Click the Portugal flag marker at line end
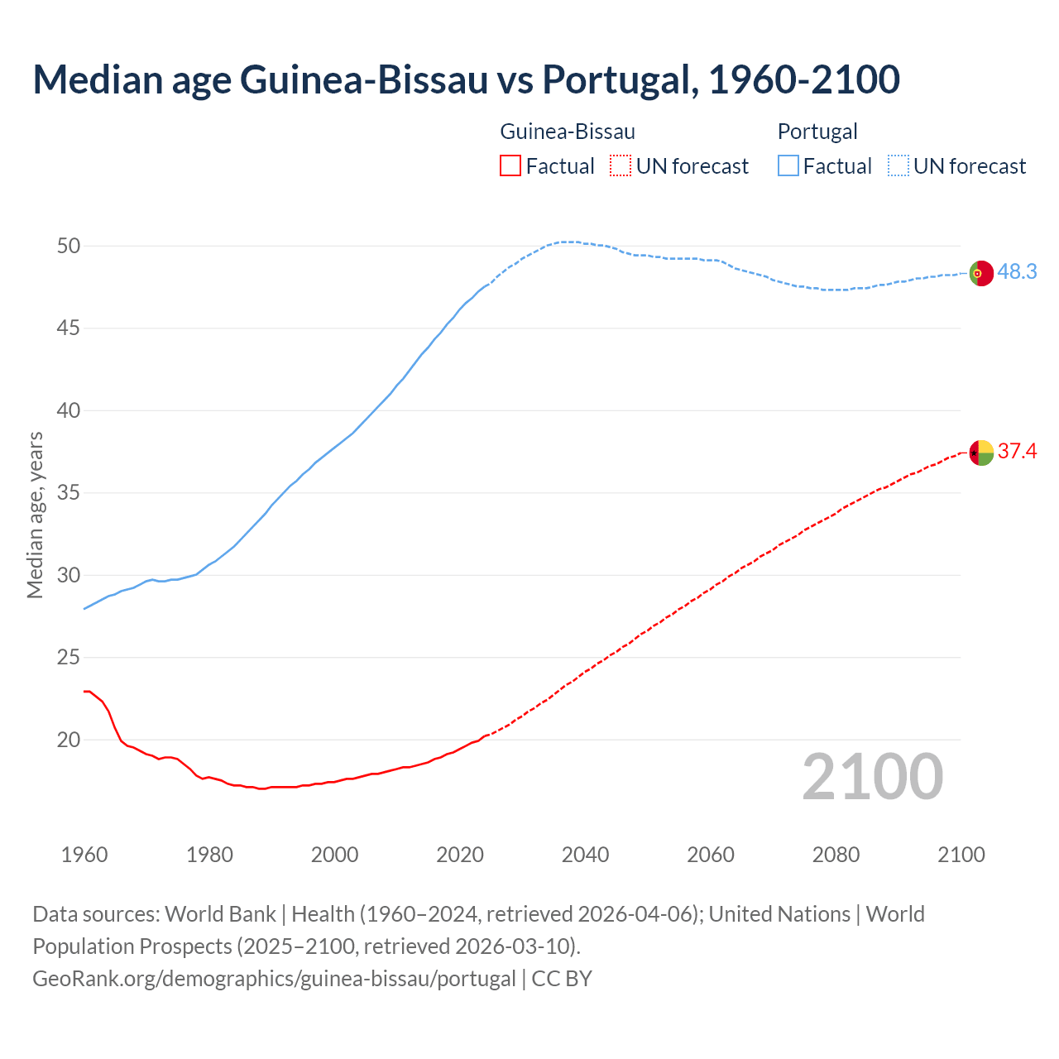(981, 273)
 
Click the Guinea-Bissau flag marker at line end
(981, 453)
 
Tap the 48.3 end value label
(1017, 272)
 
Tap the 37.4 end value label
(1017, 452)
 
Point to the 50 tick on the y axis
(69, 247)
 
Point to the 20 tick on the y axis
(69, 740)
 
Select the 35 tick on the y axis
(69, 493)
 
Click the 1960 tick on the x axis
(84, 855)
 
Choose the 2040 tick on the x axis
(585, 855)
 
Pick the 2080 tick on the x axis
(836, 855)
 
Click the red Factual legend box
(510, 166)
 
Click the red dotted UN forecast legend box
(621, 166)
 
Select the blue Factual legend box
(788, 166)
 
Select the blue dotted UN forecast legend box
(898, 166)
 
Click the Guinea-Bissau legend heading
(568, 132)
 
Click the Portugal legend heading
(817, 132)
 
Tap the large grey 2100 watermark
(873, 777)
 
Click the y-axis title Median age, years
(35, 515)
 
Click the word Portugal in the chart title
(620, 79)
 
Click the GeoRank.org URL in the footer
(274, 979)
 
